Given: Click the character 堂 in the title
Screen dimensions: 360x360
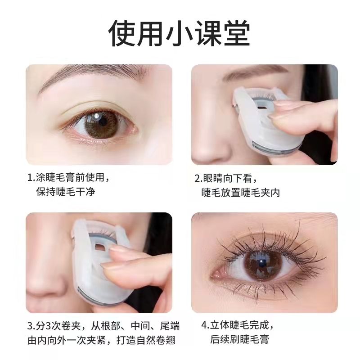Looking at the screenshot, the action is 237,33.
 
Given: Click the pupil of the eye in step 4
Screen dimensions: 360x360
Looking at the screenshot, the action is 261,264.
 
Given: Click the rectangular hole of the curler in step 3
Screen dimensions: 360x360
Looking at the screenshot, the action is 99,247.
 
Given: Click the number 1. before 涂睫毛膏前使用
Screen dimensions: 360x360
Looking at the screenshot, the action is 31,178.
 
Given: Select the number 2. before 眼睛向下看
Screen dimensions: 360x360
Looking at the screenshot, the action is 198,179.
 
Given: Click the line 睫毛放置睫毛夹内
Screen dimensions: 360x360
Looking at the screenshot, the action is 241,193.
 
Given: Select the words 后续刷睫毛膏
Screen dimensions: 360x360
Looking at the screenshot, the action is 239,339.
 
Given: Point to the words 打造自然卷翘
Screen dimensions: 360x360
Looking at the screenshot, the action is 146,340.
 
